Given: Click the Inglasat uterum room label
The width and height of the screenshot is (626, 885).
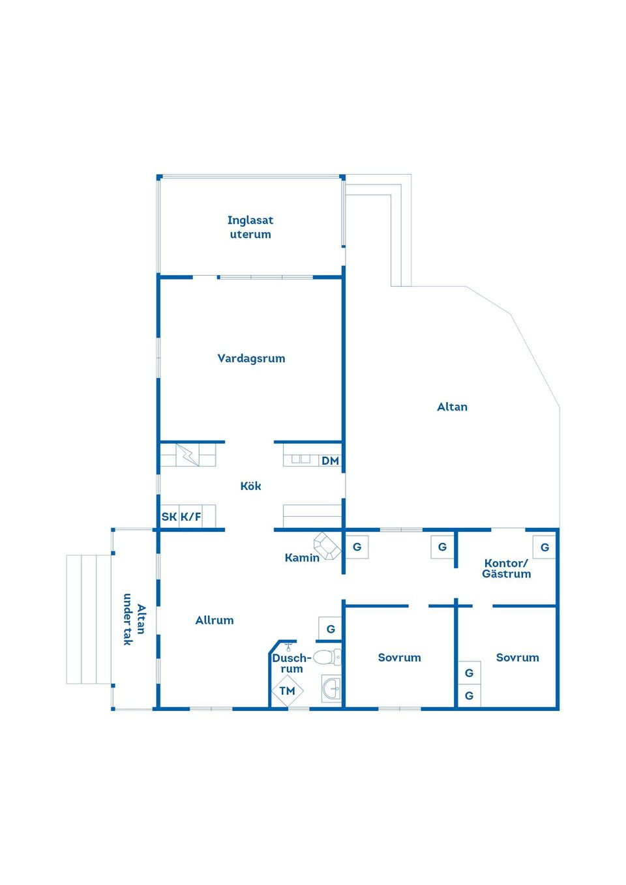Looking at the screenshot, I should tap(250, 227).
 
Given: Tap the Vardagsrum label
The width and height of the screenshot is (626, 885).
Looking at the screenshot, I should tap(251, 358).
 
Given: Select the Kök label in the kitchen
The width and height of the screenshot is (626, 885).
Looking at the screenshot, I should tap(250, 486).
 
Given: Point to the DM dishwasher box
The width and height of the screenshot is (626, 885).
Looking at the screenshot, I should tap(330, 461).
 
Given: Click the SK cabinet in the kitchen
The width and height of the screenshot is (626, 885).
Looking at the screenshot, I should tap(169, 517).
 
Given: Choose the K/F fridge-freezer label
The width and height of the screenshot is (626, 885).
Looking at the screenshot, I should tap(190, 517).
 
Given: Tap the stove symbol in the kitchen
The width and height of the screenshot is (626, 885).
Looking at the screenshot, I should tap(188, 455).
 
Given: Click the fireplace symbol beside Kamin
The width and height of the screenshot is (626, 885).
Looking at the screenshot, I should tap(327, 545).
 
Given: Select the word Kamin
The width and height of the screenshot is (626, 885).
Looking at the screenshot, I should tap(302, 558).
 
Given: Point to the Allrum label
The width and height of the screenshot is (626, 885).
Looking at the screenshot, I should tap(215, 620).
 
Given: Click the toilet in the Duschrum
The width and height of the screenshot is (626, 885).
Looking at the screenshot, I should tap(327, 657).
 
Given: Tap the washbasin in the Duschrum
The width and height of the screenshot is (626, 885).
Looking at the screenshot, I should tap(331, 688).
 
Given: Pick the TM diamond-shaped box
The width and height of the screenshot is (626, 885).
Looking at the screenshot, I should tap(288, 691).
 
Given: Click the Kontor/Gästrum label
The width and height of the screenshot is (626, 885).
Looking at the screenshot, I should tap(507, 568).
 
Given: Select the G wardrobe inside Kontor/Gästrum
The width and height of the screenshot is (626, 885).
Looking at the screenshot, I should tap(544, 547).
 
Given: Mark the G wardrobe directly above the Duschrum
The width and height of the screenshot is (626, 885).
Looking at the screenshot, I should tap(331, 629).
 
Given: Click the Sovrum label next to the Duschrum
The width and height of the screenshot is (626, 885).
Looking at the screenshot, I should tap(399, 658).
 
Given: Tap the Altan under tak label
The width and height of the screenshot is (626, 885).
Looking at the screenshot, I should tap(134, 619).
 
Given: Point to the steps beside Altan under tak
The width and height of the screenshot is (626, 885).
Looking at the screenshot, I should tap(89, 619).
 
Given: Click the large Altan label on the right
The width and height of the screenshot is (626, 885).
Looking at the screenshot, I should tap(452, 407).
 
